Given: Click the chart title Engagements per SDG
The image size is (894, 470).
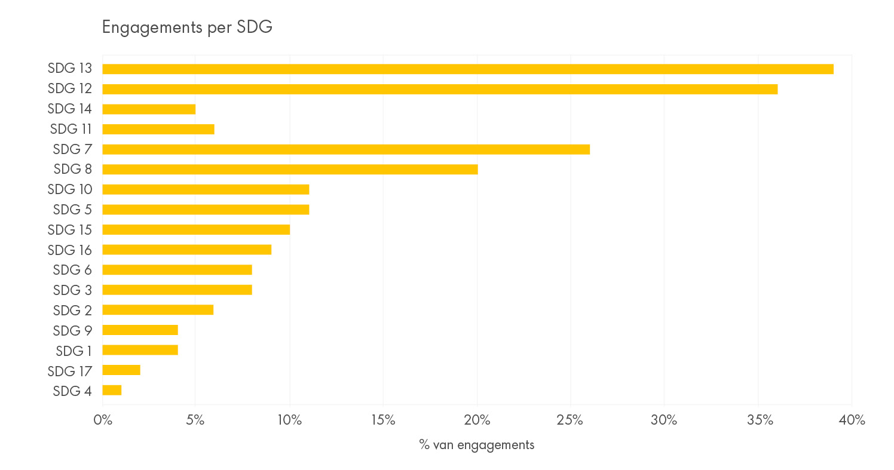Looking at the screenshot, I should click(x=187, y=27).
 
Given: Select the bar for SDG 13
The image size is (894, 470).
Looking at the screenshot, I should click(x=467, y=69).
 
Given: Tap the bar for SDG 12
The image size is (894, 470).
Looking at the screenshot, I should click(x=440, y=89).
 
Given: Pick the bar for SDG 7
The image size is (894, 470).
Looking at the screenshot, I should click(x=346, y=149).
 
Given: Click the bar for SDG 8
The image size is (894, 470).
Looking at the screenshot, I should click(x=290, y=169).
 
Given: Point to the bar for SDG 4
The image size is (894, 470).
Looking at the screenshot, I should click(x=112, y=390).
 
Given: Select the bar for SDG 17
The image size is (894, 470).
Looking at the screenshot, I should click(x=121, y=370).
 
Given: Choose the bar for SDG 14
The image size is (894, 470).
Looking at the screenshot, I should click(x=149, y=109).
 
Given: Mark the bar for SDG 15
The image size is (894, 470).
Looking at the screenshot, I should click(x=196, y=229).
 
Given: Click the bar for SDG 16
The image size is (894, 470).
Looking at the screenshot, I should click(x=186, y=250).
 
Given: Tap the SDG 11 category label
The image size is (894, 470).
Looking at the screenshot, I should click(x=71, y=129).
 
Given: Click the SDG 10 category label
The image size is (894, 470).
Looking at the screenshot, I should click(x=69, y=189).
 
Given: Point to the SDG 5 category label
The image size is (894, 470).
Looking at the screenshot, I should click(x=72, y=210).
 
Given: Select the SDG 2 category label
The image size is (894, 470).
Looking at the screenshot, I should click(x=72, y=310).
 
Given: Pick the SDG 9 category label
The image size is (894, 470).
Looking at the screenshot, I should click(x=72, y=330).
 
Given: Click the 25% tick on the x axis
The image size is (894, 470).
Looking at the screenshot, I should click(x=570, y=420).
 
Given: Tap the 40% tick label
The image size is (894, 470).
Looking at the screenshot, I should click(x=852, y=420).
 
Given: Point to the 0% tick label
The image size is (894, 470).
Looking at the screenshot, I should click(x=103, y=420).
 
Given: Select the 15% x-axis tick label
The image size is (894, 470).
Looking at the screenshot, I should click(x=383, y=420).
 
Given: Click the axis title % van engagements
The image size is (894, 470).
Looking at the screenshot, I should click(x=476, y=445).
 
